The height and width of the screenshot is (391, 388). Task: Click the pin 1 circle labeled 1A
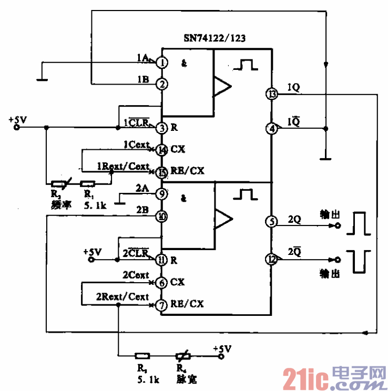[x=162, y=63]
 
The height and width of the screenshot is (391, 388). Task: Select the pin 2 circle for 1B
[x=162, y=84]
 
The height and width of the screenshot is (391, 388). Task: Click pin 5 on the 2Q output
[x=272, y=221]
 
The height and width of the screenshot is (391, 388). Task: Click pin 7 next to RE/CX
[x=162, y=304]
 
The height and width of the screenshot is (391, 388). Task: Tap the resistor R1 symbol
[x=88, y=183]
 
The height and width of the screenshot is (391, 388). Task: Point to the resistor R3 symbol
[x=141, y=355]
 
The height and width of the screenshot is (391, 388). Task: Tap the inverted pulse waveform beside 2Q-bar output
[x=361, y=261]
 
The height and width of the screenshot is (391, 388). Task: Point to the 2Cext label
[x=136, y=275]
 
